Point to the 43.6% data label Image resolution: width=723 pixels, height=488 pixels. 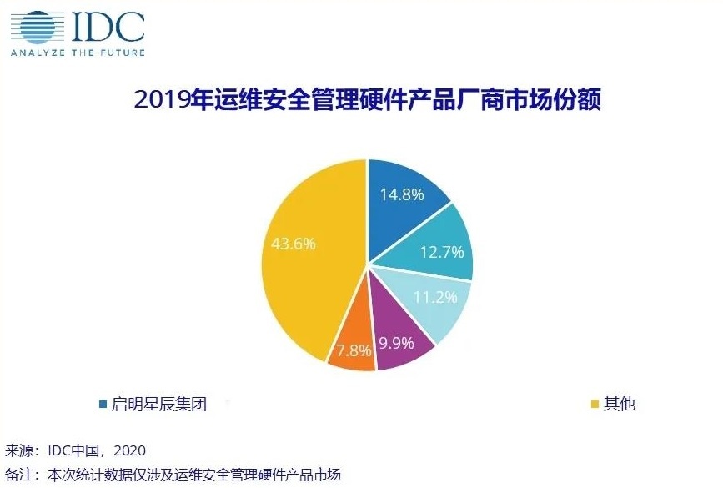(293, 244)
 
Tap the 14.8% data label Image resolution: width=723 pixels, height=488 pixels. (402, 194)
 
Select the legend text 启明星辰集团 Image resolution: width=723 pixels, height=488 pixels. (158, 405)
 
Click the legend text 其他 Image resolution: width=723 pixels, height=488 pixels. (619, 405)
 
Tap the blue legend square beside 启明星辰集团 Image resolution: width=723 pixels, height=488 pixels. (103, 405)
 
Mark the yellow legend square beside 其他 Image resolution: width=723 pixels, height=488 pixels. (595, 405)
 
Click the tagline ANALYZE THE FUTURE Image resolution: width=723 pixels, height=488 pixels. (77, 53)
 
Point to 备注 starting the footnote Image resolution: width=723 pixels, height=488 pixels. (19, 475)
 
